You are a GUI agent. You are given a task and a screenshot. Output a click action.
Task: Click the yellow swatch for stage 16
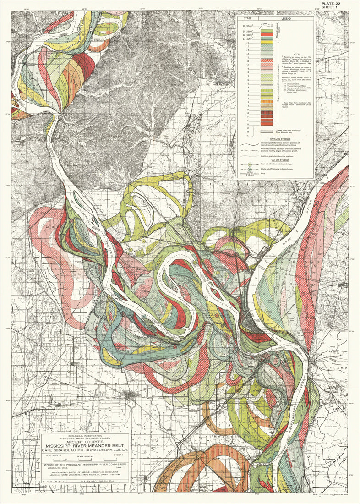(267, 42)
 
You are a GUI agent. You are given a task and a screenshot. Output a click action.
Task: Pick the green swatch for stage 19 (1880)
(267, 30)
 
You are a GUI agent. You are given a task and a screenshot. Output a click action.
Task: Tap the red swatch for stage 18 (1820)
(267, 34)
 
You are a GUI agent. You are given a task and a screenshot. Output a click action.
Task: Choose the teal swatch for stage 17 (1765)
(267, 38)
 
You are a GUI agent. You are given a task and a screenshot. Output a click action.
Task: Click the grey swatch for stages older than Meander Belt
(267, 131)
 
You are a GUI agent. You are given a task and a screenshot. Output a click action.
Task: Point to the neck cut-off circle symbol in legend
(250, 164)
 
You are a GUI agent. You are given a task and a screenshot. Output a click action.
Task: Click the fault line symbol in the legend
(250, 175)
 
